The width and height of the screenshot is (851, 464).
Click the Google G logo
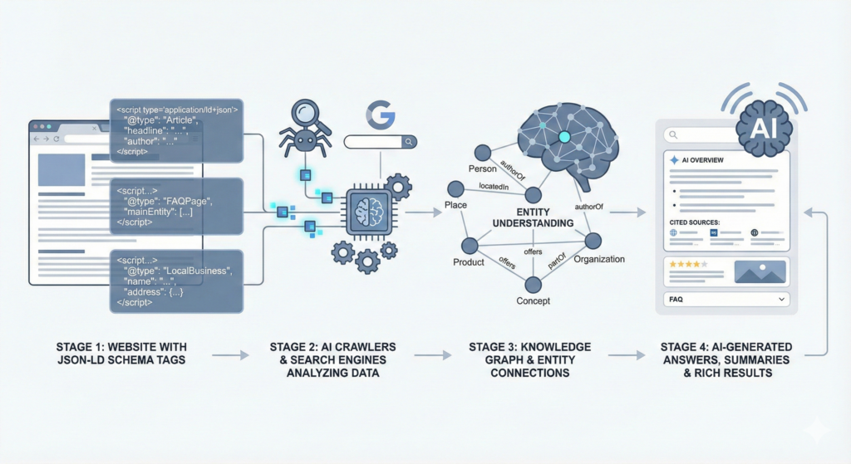point(380,115)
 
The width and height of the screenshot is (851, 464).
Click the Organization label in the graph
point(599,259)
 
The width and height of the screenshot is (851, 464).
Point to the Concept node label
point(533,300)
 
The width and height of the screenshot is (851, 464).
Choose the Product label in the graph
point(469,262)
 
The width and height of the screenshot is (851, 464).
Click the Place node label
point(456,205)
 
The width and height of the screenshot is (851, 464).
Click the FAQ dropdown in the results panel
point(726,298)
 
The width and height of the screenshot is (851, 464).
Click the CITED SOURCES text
point(694,222)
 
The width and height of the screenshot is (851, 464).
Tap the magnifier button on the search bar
point(408,142)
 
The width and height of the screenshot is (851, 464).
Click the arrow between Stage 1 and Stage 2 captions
point(230,355)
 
